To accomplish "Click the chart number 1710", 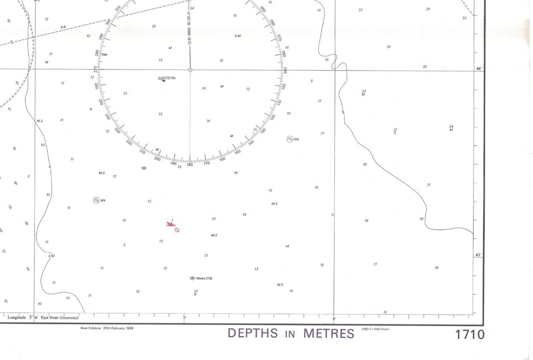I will pyautogui.click(x=469, y=334).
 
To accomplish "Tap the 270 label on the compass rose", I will pyautogui.click(x=95, y=70).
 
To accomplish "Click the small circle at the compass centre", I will pyautogui.click(x=190, y=70).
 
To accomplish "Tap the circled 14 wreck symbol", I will pyautogui.click(x=290, y=139).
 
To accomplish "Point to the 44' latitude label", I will pyautogui.click(x=479, y=68).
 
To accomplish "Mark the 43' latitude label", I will pyautogui.click(x=479, y=255).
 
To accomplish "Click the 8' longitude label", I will pyautogui.click(x=334, y=318).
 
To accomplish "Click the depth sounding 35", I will pyautogui.click(x=425, y=67).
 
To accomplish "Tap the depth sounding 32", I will pyautogui.click(x=464, y=18).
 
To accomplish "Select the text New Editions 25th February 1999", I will pyautogui.click(x=107, y=328).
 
